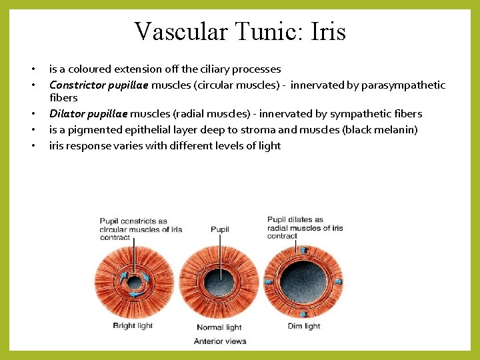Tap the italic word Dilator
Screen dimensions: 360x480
tap(66, 114)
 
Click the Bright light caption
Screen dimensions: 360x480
tap(133, 326)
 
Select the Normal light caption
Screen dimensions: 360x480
tap(220, 327)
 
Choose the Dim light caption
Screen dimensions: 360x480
tap(303, 326)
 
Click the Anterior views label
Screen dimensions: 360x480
tap(220, 341)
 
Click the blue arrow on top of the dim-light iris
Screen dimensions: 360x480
tap(304, 250)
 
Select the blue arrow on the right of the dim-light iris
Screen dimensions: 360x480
tap(337, 281)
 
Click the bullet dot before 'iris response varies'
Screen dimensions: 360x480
tap(31, 146)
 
